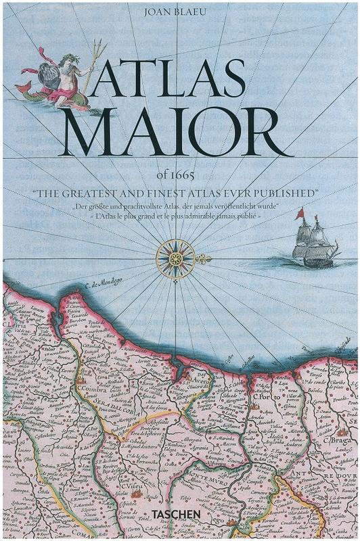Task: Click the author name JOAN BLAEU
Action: click(179, 11)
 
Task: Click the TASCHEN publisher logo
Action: click(179, 513)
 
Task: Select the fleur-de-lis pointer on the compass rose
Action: click(204, 258)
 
